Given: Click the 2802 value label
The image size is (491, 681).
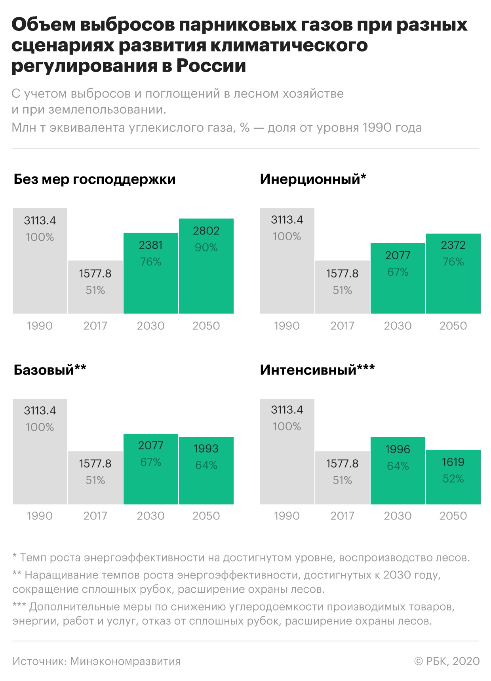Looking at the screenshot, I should (206, 231).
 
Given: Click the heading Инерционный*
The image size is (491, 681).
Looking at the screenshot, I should (313, 179).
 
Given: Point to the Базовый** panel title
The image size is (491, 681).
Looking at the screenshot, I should (50, 370).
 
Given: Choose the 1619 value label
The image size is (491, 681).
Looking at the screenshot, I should (453, 462).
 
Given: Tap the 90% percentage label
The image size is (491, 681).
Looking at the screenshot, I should (206, 247).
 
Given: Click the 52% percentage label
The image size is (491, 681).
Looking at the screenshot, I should (453, 479).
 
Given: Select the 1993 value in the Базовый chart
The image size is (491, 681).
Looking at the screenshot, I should (206, 449).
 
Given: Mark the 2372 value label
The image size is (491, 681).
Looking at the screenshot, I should (453, 245).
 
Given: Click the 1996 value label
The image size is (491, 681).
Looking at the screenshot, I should (398, 449).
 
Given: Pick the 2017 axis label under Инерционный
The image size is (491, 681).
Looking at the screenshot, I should (342, 326).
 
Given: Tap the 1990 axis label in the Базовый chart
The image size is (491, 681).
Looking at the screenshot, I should (40, 516).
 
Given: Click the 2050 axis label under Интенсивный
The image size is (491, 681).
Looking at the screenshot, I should (453, 516).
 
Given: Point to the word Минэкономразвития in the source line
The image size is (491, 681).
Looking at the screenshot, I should (125, 661).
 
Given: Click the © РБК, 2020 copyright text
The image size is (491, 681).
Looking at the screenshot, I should (447, 661).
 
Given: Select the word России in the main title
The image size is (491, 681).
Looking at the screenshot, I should (211, 66).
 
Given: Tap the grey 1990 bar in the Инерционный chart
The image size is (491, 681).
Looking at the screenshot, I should (287, 277).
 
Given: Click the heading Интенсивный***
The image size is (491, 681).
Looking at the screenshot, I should (317, 370).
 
